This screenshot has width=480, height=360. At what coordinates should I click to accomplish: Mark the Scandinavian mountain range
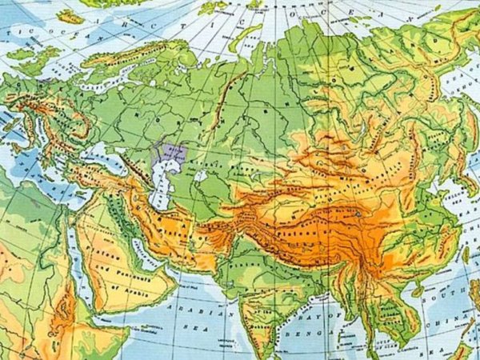click(x=96, y=56)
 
